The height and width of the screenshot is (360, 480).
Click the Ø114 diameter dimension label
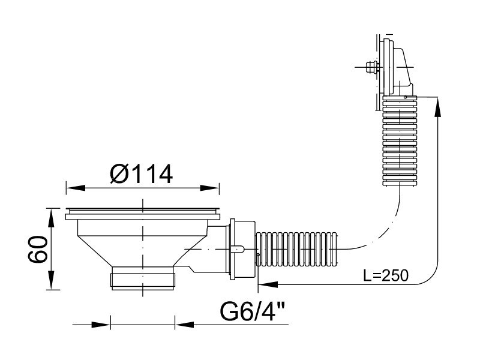pyautogui.click(x=142, y=174)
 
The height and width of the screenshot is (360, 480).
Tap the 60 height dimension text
pyautogui.click(x=38, y=249)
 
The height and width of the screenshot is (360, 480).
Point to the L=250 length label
pyautogui.click(x=386, y=275)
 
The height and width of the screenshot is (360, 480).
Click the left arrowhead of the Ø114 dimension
pyautogui.click(x=76, y=188)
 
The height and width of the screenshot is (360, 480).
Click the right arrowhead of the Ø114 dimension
pyautogui.click(x=209, y=188)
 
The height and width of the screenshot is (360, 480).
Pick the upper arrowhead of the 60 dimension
pyautogui.click(x=52, y=218)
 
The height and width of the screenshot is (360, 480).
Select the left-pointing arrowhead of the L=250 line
pyautogui.click(x=268, y=284)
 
